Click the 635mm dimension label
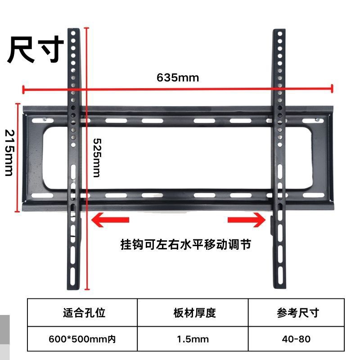click(x=178, y=77)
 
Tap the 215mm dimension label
click(x=9, y=153)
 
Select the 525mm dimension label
click(x=96, y=157)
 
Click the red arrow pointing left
click(x=110, y=220)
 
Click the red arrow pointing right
click(x=247, y=220)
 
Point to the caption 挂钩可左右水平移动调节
click(x=185, y=245)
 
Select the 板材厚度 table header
click(x=194, y=313)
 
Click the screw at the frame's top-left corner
click(x=45, y=119)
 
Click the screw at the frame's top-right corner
click(x=317, y=120)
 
